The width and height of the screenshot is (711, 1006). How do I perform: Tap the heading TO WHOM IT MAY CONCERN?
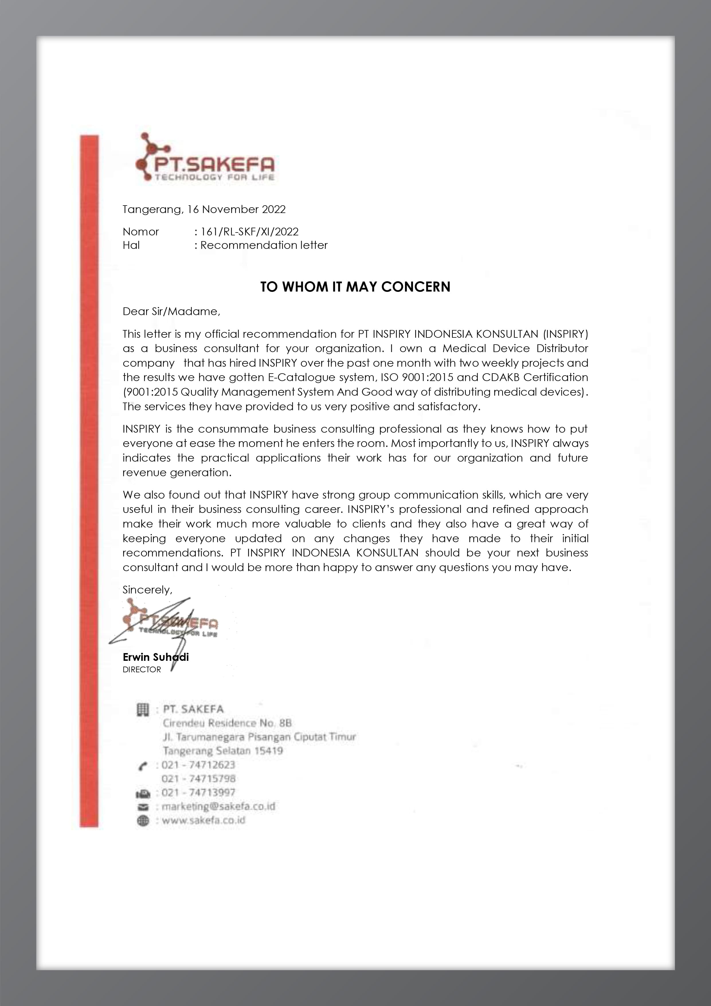coord(355,287)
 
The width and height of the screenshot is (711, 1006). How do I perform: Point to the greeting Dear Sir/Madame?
coord(171,312)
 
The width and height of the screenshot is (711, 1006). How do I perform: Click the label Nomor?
coord(141,231)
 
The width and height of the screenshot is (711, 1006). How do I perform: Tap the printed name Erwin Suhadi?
coord(156,657)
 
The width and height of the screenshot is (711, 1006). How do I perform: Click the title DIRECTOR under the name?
coord(142,669)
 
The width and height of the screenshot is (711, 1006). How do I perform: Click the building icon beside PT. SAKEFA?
coord(143,709)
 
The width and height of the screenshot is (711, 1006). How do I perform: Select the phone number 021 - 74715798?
coord(198,779)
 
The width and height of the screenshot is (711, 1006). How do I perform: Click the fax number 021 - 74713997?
coord(198,792)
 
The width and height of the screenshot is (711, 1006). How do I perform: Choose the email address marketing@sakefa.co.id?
coord(218,806)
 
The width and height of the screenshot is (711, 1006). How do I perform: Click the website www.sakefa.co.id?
coord(203,820)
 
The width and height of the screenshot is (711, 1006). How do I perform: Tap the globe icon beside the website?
coord(143,821)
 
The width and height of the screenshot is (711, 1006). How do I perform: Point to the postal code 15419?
coord(269,751)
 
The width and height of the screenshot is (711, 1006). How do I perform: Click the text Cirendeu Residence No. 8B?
coord(227,723)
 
